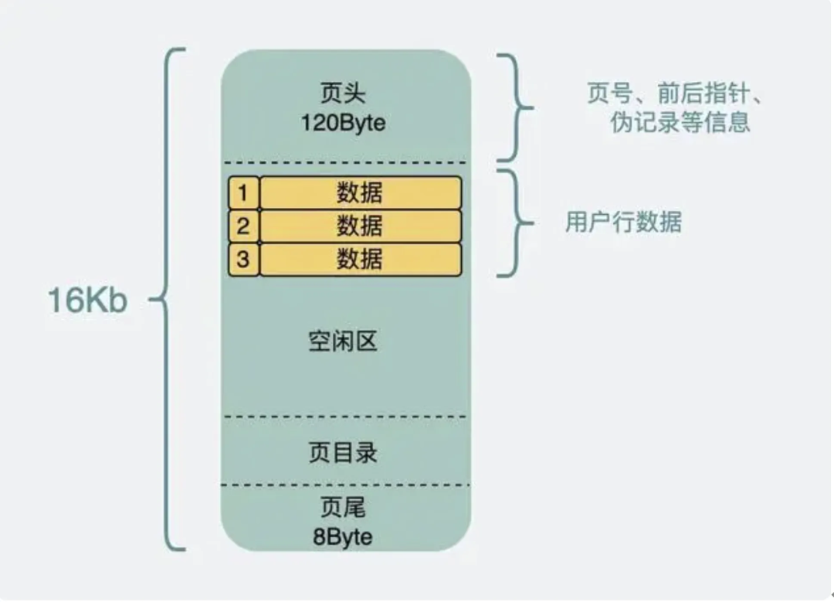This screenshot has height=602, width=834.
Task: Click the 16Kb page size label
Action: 87,301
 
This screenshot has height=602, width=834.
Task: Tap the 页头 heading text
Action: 343,94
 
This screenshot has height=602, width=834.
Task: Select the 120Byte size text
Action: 344,123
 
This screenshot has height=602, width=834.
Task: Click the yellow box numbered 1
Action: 243,192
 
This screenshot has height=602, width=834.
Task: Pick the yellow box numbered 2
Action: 243,226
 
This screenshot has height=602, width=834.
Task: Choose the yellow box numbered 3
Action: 243,259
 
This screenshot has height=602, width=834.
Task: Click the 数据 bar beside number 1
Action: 360,192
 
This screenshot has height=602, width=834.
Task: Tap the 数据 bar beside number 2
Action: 360,226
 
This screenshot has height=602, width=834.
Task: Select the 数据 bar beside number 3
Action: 360,259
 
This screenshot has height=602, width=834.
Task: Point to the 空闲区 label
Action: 343,341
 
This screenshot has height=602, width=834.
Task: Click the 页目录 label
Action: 343,452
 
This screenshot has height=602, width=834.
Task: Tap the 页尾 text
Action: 343,508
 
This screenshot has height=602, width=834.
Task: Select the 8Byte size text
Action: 343,536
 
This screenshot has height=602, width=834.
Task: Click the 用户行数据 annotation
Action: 623,223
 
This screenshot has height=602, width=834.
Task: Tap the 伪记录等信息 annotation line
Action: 680,123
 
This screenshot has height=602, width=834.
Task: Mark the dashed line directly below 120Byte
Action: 344,163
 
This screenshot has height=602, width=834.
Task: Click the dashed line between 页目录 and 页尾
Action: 344,485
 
